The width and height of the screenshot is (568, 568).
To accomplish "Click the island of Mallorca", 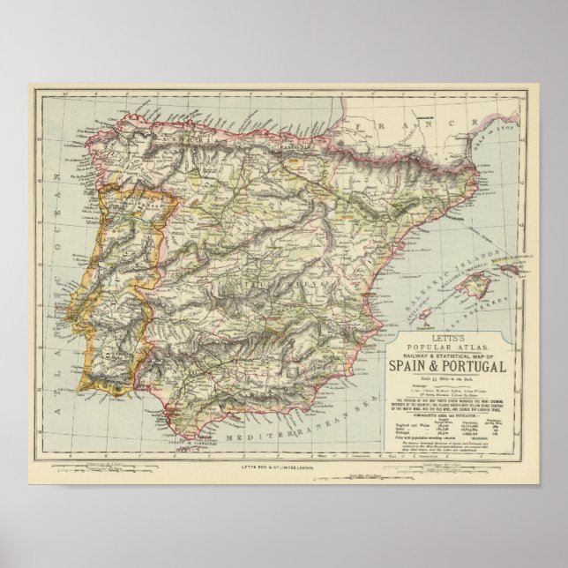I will pyautogui.click(x=479, y=285).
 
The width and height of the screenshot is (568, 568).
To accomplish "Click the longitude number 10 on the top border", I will pyautogui.click(x=65, y=92).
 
